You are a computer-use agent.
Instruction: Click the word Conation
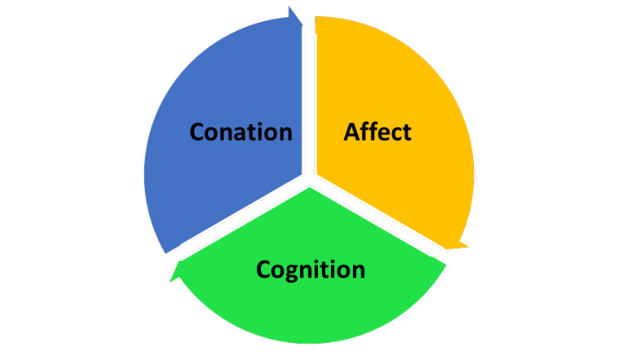pos(241,132)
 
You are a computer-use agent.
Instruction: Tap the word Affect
pos(377,132)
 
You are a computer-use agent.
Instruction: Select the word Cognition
pos(311,269)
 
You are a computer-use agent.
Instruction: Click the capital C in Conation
pos(198,132)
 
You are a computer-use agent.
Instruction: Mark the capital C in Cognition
pos(264,269)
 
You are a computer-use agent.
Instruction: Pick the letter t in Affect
pos(407,132)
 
